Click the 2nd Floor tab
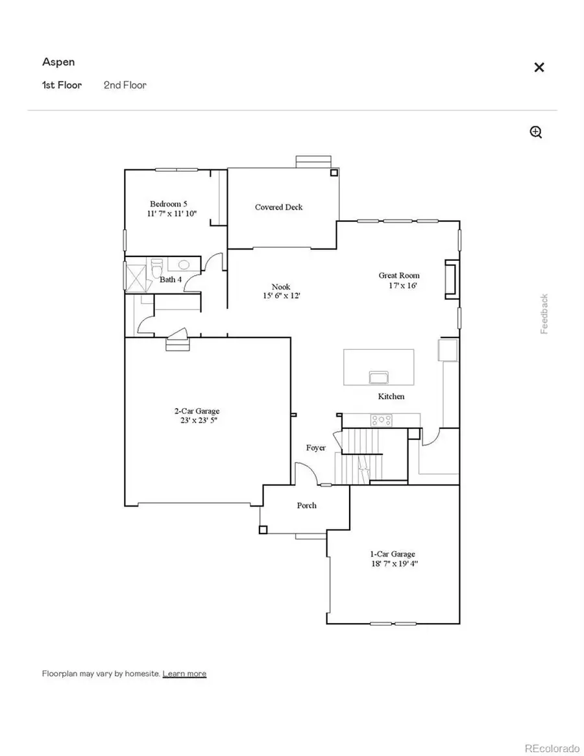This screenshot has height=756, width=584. (125, 85)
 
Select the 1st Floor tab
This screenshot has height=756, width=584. (62, 85)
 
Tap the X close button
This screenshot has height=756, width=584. (539, 67)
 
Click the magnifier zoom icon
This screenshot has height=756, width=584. (536, 132)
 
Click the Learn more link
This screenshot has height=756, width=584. (184, 674)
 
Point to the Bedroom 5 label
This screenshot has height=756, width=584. (169, 203)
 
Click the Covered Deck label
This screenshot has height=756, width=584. (278, 207)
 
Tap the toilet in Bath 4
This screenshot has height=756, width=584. (157, 267)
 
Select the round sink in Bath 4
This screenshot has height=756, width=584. (184, 265)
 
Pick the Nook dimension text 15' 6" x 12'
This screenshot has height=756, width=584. (281, 296)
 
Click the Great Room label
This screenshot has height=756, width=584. (399, 276)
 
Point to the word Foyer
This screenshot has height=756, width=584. (316, 448)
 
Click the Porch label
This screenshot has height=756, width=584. (307, 505)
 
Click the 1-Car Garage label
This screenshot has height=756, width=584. (393, 554)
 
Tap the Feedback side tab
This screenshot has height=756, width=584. (544, 314)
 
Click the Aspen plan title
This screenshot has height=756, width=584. (58, 62)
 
